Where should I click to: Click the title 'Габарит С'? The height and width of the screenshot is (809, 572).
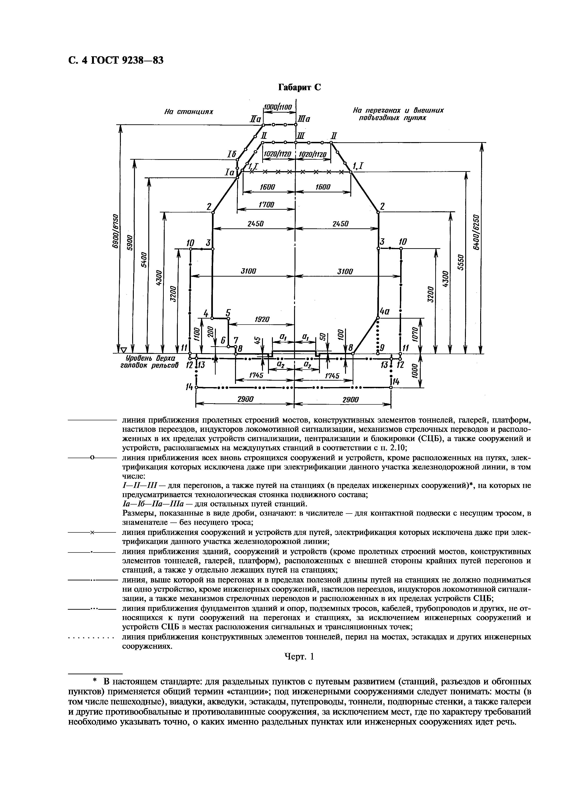pyautogui.click(x=300, y=87)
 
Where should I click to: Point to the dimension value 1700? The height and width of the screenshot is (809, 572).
pyautogui.click(x=266, y=205)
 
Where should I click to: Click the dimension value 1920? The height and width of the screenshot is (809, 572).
pyautogui.click(x=262, y=319)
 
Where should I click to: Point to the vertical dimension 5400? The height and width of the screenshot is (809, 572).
pyautogui.click(x=144, y=260)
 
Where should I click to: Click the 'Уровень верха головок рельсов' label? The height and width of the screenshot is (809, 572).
pyautogui.click(x=148, y=361)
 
